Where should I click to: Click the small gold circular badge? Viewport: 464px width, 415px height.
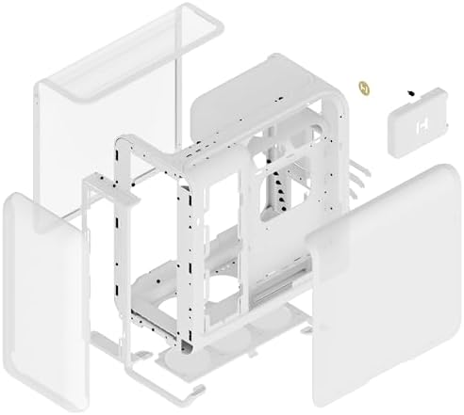pyautogui.click(x=363, y=88)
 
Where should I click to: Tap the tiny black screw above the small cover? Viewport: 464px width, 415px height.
pyautogui.click(x=412, y=93)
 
